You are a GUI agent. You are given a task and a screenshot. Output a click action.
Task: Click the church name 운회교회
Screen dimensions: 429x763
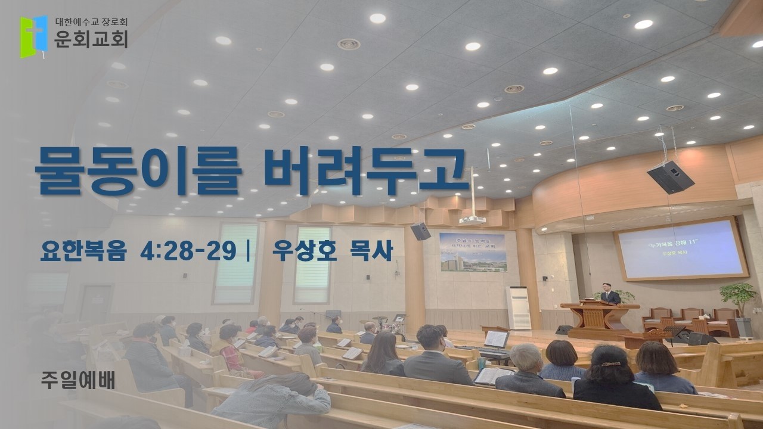pyautogui.click(x=91, y=39)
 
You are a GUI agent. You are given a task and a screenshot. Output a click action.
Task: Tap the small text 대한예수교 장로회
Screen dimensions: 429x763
pyautogui.click(x=91, y=23)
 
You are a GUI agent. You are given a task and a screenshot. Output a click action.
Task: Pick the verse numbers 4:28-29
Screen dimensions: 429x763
pyautogui.click(x=188, y=251)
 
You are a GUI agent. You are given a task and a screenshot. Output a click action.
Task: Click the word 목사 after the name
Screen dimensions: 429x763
pyautogui.click(x=369, y=251)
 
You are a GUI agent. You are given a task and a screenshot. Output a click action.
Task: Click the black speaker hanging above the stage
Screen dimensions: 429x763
pyautogui.click(x=671, y=176)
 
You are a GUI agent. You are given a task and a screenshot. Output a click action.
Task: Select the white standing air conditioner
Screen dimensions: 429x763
pyautogui.click(x=517, y=308)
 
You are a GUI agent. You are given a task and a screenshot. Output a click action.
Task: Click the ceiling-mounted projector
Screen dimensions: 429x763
pyautogui.click(x=472, y=219)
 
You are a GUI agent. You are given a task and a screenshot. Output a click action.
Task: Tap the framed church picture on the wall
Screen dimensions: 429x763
pyautogui.click(x=472, y=251)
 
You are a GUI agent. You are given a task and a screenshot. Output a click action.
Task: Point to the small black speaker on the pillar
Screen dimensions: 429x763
pyautogui.click(x=420, y=231)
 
